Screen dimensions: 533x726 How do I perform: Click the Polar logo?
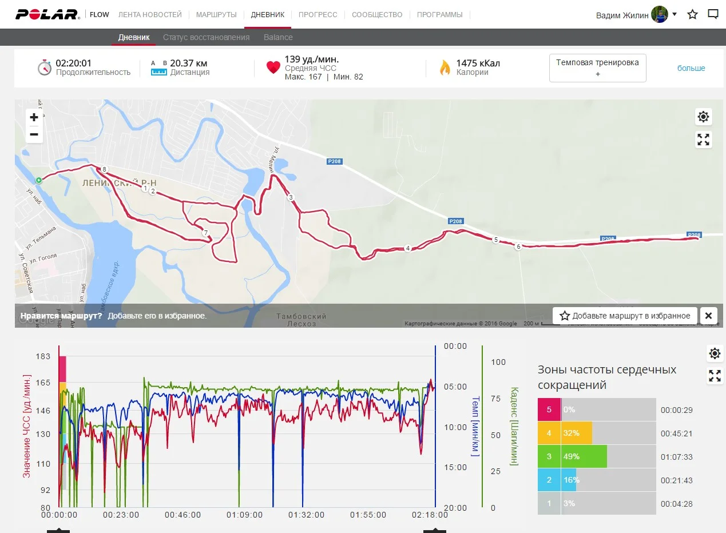pos(47,14)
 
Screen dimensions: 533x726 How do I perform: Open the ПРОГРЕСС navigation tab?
pos(318,14)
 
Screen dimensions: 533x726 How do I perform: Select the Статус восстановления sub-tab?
pos(206,37)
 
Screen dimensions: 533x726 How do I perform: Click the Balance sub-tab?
pos(278,37)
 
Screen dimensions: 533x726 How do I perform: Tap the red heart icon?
pos(273,67)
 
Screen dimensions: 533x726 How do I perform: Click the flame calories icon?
pos(445,67)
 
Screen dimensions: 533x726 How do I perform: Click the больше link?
pos(691,68)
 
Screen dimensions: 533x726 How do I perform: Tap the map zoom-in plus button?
pos(34,117)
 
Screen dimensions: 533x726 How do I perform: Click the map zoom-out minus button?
pos(34,134)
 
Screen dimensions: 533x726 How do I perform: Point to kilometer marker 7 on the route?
pos(205,233)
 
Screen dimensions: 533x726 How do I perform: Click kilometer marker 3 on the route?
pos(291,197)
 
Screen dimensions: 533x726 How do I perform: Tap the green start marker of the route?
pos(39,180)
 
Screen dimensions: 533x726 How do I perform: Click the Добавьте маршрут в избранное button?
pos(625,316)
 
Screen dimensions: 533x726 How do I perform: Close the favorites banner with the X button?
pos(708,316)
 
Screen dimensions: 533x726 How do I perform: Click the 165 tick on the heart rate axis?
pos(43,383)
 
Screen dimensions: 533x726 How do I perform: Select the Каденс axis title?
pos(514,426)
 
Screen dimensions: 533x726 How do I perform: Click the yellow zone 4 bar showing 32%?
pos(577,433)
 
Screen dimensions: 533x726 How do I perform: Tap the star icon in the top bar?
pos(692,14)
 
